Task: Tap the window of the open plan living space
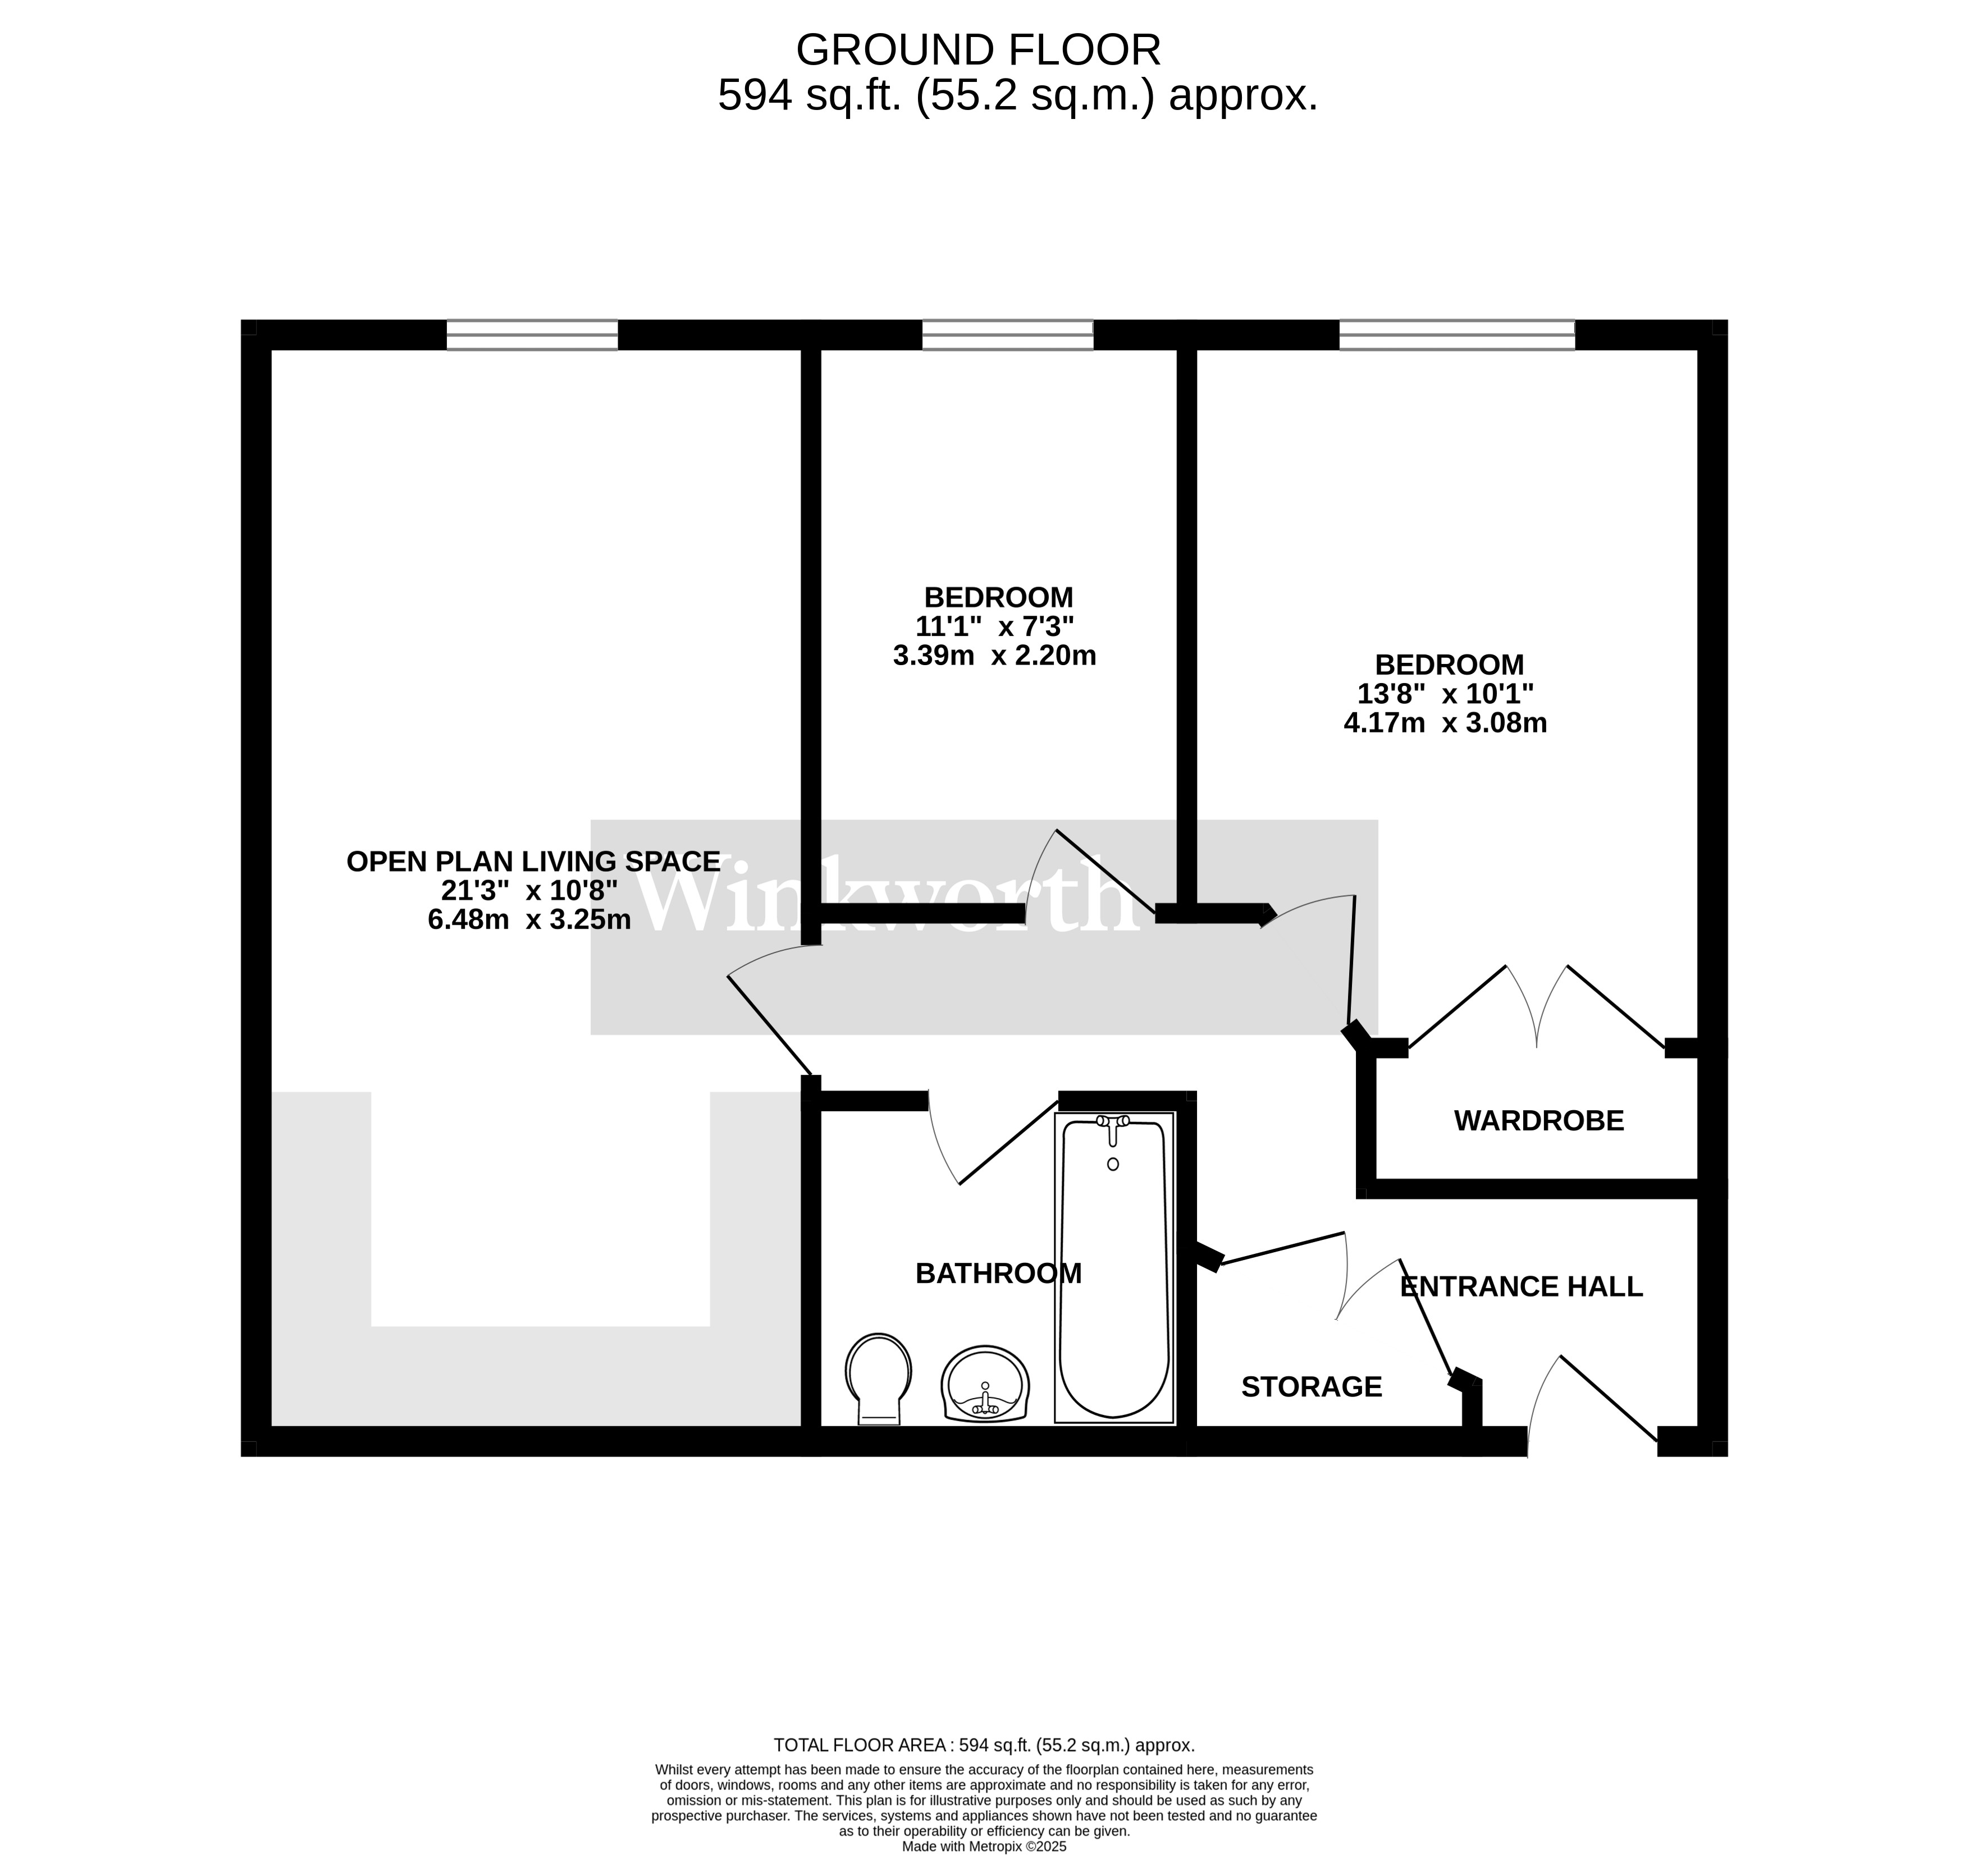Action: [x=532, y=335]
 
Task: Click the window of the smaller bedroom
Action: [x=1007, y=335]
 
